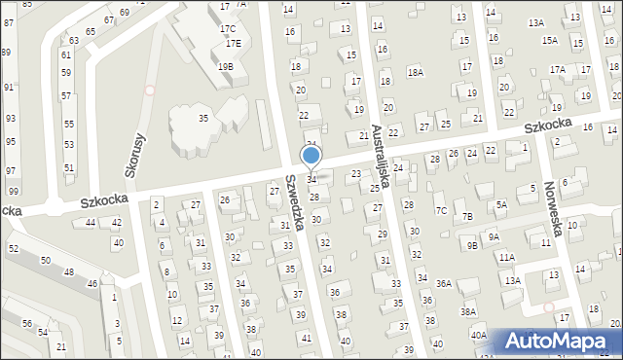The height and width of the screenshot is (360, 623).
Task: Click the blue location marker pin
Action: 311,156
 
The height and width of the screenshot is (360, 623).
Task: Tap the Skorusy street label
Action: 134,155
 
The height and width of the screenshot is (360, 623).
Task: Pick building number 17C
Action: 227,28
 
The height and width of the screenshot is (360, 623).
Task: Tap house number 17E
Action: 233,44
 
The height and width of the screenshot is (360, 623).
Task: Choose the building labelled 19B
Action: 225,66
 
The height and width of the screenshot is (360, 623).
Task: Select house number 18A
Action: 416,72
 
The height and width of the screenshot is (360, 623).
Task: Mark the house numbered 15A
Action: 550,40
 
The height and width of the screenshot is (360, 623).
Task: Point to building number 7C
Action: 441,210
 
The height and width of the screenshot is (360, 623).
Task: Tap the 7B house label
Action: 467,216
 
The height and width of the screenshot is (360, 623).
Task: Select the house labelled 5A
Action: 501,204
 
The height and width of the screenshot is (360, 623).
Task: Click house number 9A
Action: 494,236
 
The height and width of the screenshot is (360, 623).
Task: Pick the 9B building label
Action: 472,245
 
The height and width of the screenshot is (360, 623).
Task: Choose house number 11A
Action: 507,258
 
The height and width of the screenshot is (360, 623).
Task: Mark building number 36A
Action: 443,283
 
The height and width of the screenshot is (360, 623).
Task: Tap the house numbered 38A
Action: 468,312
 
